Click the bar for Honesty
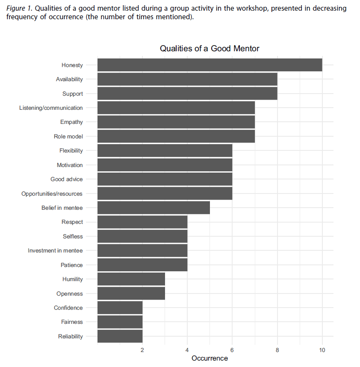pyautogui.click(x=210, y=65)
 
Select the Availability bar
pyautogui.click(x=187, y=79)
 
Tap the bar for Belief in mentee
pyautogui.click(x=153, y=208)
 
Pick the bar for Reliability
pyautogui.click(x=120, y=336)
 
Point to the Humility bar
pyautogui.click(x=131, y=279)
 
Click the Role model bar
pyautogui.click(x=176, y=136)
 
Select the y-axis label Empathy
pyautogui.click(x=71, y=122)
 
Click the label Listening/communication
pyautogui.click(x=51, y=108)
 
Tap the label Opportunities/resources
pyautogui.click(x=52, y=194)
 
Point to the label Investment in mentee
pyautogui.click(x=55, y=250)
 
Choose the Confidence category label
pyautogui.click(x=68, y=308)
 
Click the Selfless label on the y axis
pyautogui.click(x=73, y=236)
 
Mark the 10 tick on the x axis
pyautogui.click(x=322, y=350)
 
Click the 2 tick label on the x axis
pyautogui.click(x=142, y=350)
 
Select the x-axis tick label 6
pyautogui.click(x=232, y=350)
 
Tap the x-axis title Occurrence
pyautogui.click(x=210, y=358)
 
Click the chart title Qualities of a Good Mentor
pyautogui.click(x=210, y=48)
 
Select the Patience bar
pyautogui.click(x=142, y=265)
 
